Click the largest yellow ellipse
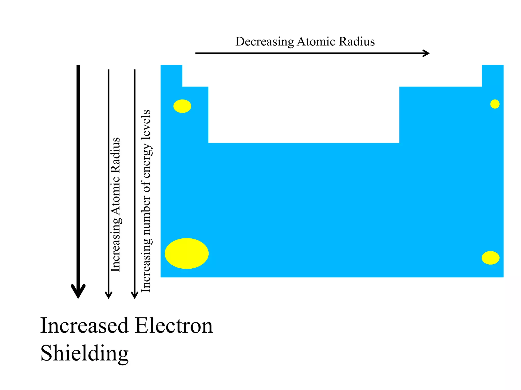186,253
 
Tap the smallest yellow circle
495,104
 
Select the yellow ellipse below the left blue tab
182,106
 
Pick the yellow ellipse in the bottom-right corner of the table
490,258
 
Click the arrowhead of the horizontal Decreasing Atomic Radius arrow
426,53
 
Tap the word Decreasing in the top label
264,42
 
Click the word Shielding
84,353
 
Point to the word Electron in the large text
174,326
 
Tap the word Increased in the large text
84,326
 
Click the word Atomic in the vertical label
115,196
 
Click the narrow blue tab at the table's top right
493,76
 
